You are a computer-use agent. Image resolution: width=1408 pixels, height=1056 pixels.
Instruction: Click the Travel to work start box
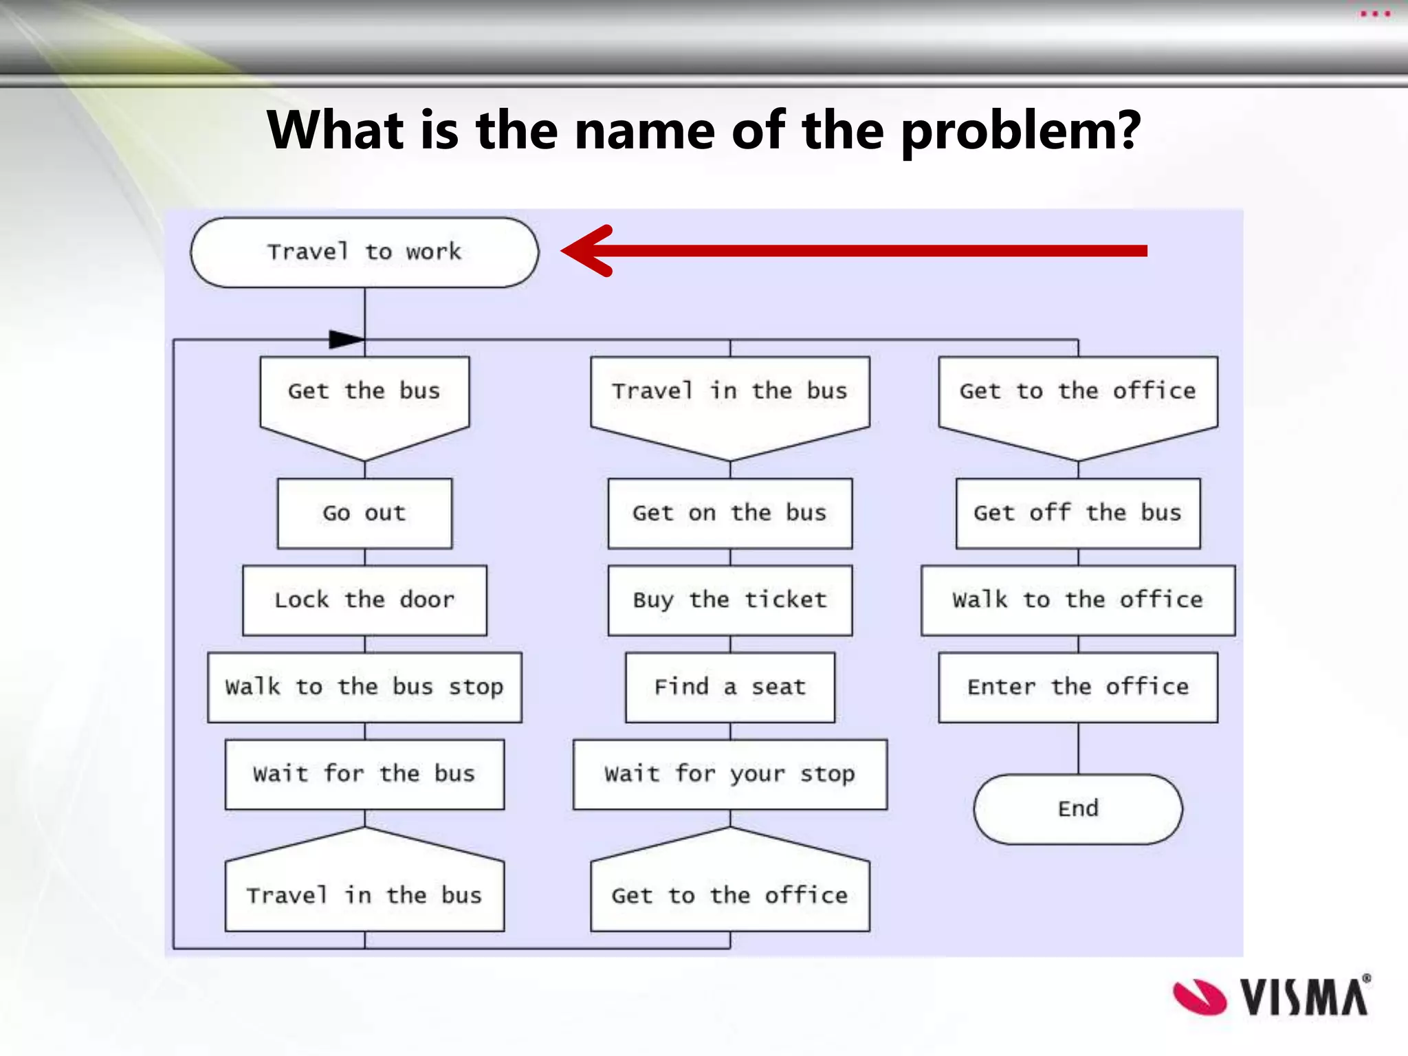click(x=364, y=252)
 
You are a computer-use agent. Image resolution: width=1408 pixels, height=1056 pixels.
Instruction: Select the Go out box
click(x=364, y=513)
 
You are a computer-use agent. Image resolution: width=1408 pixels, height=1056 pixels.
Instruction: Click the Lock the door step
click(x=364, y=600)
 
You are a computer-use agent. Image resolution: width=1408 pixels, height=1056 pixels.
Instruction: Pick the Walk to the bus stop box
click(x=364, y=687)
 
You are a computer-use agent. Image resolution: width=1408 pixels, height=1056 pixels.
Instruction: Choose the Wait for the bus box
click(x=364, y=774)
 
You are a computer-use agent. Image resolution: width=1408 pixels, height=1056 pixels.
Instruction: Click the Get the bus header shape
click(x=364, y=399)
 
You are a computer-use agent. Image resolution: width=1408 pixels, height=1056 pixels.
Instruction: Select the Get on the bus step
click(x=729, y=513)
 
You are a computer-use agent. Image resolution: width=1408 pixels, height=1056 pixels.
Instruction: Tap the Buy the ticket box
click(x=729, y=600)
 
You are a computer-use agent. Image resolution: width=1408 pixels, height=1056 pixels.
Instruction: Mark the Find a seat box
click(x=729, y=687)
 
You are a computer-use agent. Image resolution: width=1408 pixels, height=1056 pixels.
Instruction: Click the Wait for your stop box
click(x=729, y=774)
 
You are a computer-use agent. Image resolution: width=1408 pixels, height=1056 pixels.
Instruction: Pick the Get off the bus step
click(x=1077, y=513)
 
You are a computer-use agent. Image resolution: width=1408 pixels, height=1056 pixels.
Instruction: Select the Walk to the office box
click(x=1077, y=600)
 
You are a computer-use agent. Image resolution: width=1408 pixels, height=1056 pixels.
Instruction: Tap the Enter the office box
click(x=1077, y=687)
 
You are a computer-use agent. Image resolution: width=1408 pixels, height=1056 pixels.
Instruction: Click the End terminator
click(x=1077, y=808)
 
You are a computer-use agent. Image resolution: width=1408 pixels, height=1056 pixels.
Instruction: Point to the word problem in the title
click(x=1021, y=131)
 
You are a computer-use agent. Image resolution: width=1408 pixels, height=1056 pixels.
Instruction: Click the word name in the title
click(x=644, y=131)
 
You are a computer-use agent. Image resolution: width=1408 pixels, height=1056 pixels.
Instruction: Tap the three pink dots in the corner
click(x=1375, y=14)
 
